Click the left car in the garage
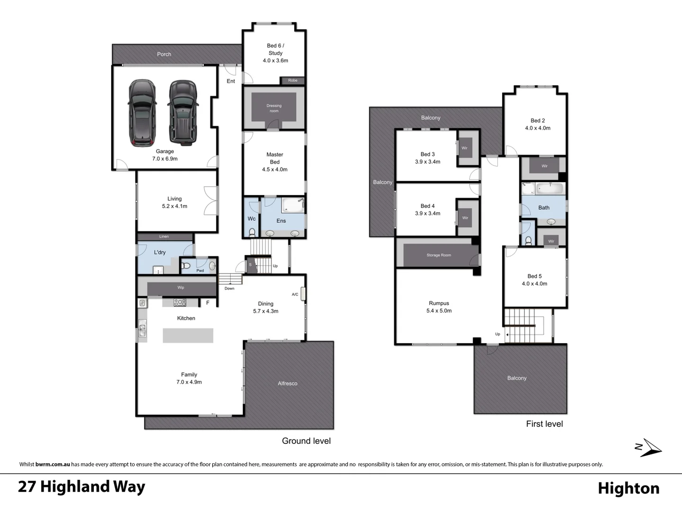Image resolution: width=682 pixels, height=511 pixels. click(x=142, y=113)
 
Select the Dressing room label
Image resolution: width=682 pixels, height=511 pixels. click(x=274, y=108)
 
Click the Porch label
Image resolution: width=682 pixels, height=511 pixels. click(x=164, y=54)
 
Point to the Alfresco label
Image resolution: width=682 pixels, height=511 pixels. click(x=287, y=383)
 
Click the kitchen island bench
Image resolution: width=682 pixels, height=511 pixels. click(x=188, y=335)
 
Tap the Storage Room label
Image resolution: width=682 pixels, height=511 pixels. click(x=439, y=255)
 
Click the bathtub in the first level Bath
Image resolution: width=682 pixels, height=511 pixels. click(x=549, y=189)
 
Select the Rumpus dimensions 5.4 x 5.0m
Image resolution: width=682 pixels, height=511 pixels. click(x=439, y=311)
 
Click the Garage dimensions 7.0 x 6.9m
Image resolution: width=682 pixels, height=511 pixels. click(x=165, y=159)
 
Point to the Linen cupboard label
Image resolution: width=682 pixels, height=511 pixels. click(x=164, y=237)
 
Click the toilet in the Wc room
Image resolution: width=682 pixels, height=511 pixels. click(x=252, y=232)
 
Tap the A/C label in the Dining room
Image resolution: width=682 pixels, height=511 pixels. click(x=295, y=294)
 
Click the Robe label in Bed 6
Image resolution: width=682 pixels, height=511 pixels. click(x=293, y=80)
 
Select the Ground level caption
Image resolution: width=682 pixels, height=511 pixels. click(x=306, y=441)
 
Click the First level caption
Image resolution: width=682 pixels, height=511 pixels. click(x=544, y=424)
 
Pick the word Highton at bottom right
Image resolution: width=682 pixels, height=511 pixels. click(x=628, y=488)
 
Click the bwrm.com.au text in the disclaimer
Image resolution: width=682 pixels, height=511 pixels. click(x=53, y=464)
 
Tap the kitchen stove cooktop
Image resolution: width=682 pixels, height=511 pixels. click(x=180, y=302)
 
